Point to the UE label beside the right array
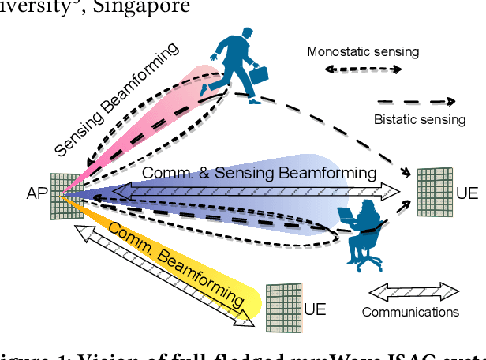467,193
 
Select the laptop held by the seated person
349,216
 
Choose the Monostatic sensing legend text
363,52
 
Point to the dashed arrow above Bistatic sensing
416,101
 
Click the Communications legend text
410,312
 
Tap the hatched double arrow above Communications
413,290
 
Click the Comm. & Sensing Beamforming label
258,172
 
